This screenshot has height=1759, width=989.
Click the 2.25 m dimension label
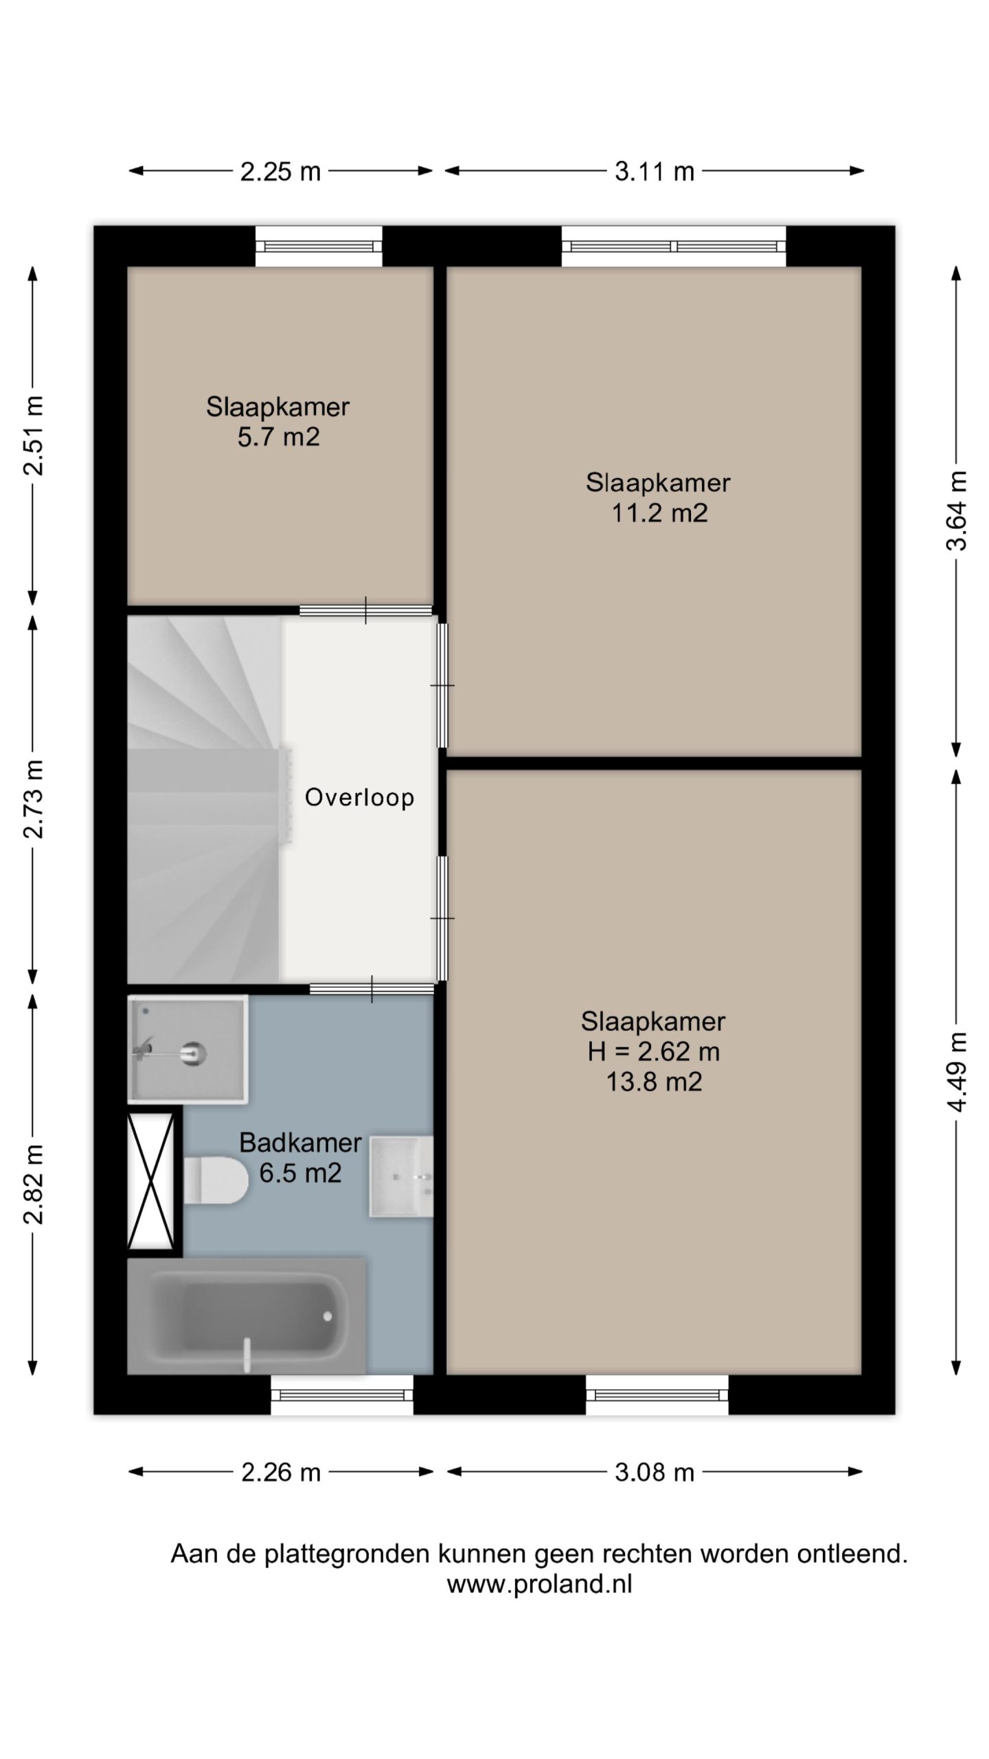click(280, 171)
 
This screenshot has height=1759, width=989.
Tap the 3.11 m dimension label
click(655, 171)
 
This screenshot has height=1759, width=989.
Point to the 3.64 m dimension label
click(956, 511)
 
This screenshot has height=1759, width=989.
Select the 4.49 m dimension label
click(956, 1072)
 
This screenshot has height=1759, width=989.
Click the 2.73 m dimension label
click(33, 799)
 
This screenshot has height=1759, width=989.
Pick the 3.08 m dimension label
click(655, 1472)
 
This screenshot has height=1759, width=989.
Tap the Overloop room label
click(359, 797)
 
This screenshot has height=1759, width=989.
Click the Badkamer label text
click(300, 1142)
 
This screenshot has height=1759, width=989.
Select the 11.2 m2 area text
click(659, 513)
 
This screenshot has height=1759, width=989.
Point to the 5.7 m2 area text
click(278, 437)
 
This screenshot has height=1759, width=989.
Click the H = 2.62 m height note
click(653, 1051)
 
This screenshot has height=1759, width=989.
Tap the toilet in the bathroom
click(216, 1180)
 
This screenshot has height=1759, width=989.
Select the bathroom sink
click(401, 1176)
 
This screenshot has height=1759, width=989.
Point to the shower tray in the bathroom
click(187, 1049)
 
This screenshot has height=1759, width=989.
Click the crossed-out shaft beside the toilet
click(150, 1180)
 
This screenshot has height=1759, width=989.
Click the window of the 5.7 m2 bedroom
click(319, 246)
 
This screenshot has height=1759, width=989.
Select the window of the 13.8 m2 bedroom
click(657, 1395)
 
